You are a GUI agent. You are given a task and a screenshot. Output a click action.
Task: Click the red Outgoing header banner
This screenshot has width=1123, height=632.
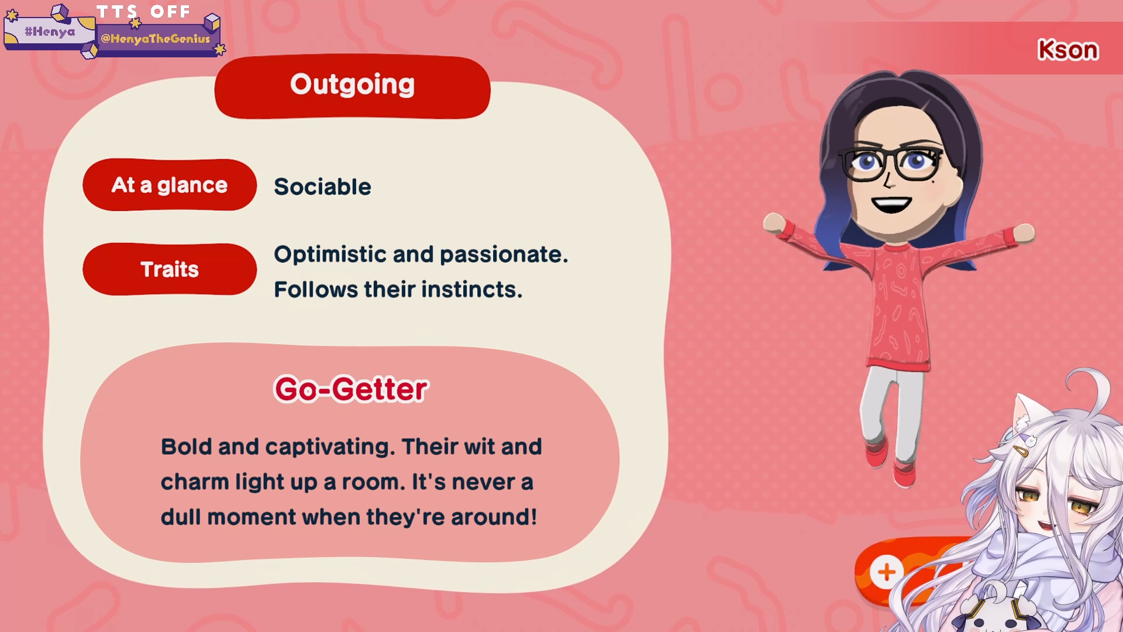coord(352,87)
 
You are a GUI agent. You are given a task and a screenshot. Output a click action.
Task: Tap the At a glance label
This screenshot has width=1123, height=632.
coord(170,185)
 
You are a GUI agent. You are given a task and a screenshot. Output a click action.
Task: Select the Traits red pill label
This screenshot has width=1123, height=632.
coord(170,269)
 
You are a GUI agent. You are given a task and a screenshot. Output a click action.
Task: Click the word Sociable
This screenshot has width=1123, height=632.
coord(322,187)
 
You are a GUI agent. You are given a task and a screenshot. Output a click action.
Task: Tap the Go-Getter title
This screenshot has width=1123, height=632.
coord(352,389)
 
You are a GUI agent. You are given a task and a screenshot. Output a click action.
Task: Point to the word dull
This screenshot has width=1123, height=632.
coord(180,517)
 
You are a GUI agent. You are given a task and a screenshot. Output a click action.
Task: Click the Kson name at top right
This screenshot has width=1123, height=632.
coord(1068,50)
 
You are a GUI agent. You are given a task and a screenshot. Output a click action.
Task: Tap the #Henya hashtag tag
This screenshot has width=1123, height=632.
coord(50,32)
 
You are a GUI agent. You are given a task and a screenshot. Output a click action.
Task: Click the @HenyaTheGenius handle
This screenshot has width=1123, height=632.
coord(156,39)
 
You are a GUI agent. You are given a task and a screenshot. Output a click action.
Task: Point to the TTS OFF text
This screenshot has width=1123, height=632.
coord(143,12)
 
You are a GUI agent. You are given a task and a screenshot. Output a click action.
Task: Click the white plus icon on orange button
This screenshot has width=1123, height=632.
coord(887,572)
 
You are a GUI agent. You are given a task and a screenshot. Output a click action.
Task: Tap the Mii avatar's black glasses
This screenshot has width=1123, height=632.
coord(891,163)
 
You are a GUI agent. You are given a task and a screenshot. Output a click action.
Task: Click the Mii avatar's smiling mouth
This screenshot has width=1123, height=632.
coord(891,204)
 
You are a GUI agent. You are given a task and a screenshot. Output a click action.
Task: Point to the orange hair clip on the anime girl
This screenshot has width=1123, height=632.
coord(1021,451)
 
